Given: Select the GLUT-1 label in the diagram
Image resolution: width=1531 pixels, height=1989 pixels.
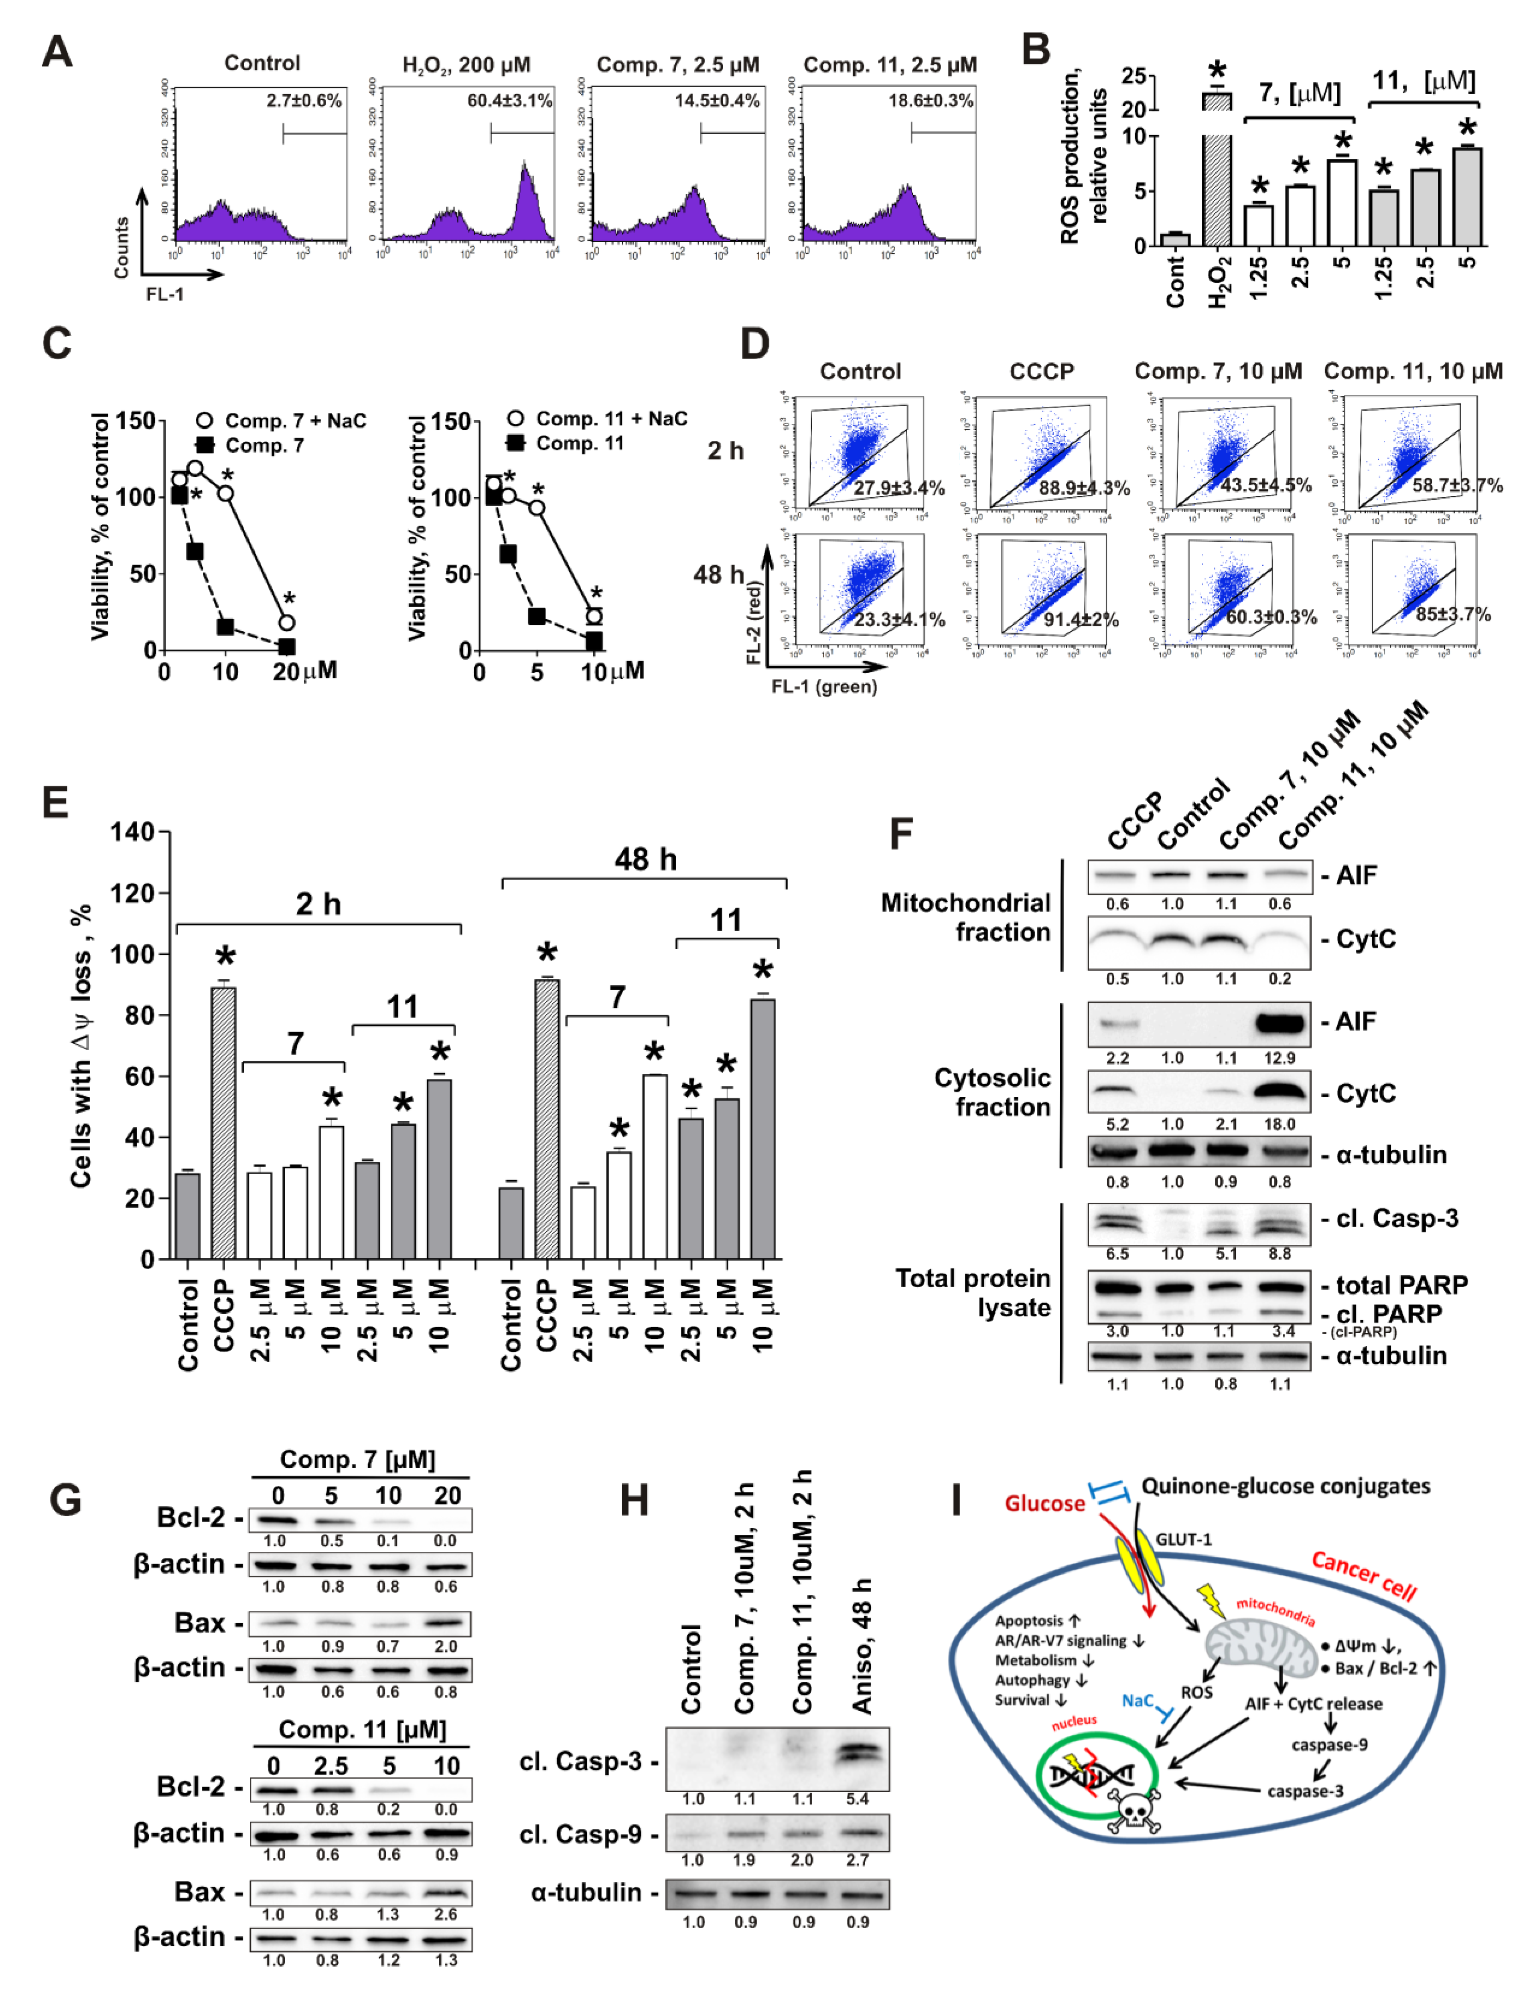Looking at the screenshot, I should [1183, 1539].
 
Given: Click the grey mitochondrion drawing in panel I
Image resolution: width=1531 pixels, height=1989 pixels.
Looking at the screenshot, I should [1261, 1647].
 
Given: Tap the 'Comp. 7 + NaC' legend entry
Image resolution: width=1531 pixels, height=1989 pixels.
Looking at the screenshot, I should [282, 421].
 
